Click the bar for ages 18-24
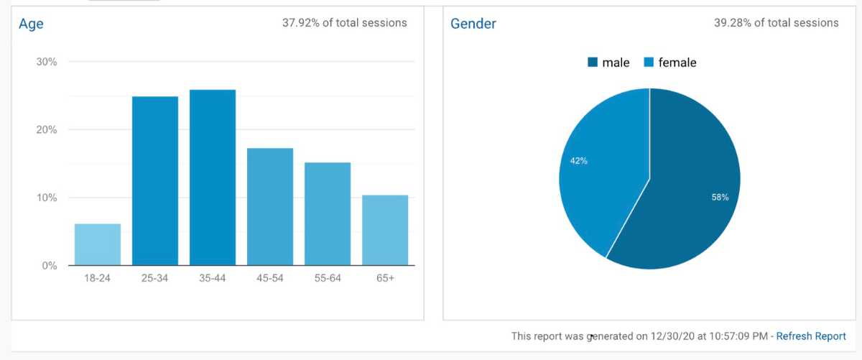pos(98,244)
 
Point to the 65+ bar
pos(385,230)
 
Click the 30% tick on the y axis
pos(47,62)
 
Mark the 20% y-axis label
pos(47,130)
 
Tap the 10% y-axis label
pos(47,198)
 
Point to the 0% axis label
pos(50,266)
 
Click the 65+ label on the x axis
pos(385,278)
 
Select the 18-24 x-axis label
pos(98,278)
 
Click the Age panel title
pos(31,24)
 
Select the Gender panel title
pos(473,24)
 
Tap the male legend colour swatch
pos(593,63)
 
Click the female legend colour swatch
pos(649,63)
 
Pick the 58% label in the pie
pos(720,197)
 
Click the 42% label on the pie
pos(579,161)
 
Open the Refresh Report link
pos(811,336)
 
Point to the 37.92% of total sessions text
pos(345,23)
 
